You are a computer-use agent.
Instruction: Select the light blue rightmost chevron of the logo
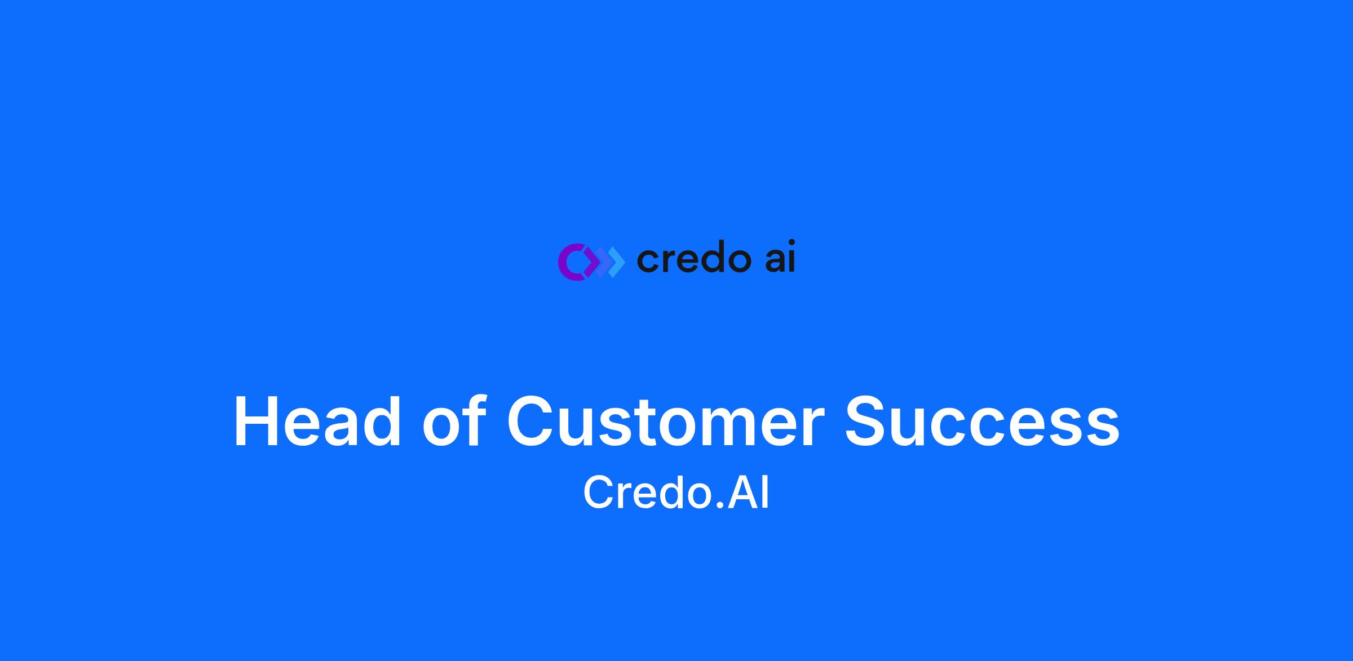tap(617, 261)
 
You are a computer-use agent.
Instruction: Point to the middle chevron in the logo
tap(603, 261)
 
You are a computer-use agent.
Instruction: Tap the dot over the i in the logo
tap(791, 243)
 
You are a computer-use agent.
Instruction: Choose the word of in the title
tap(454, 422)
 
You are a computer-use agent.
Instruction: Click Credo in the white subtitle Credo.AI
tap(648, 492)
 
